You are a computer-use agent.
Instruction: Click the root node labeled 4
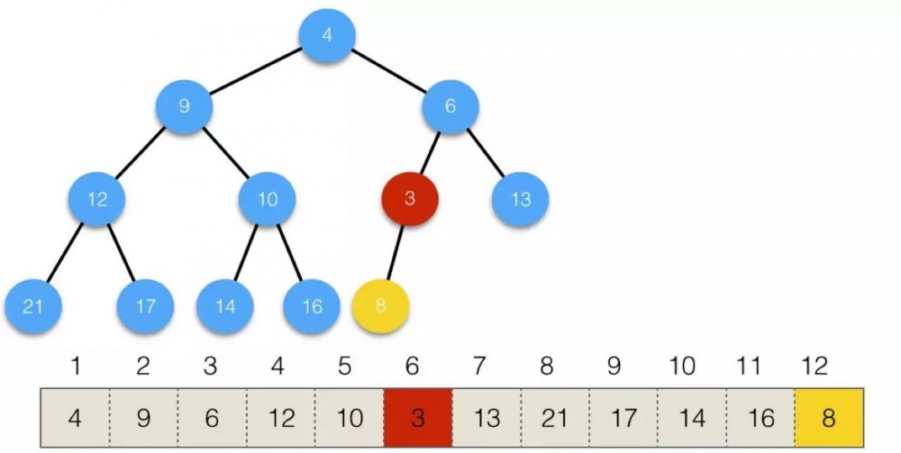pyautogui.click(x=327, y=36)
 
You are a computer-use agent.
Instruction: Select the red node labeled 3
pyautogui.click(x=410, y=199)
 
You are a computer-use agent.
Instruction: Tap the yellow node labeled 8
pyautogui.click(x=380, y=306)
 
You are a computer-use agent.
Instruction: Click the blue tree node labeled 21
pyautogui.click(x=33, y=306)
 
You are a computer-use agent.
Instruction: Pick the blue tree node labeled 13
pyautogui.click(x=520, y=199)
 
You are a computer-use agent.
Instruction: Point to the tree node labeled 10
pyautogui.click(x=268, y=199)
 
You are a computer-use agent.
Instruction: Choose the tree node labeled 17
pyautogui.click(x=145, y=306)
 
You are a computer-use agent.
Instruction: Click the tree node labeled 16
pyautogui.click(x=312, y=306)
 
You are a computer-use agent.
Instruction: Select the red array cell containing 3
pyautogui.click(x=418, y=417)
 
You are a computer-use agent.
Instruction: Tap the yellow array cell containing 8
pyautogui.click(x=829, y=417)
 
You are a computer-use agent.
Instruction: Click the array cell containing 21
pyautogui.click(x=555, y=417)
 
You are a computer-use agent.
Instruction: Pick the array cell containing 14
pyautogui.click(x=692, y=417)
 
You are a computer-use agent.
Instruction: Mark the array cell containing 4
pyautogui.click(x=75, y=417)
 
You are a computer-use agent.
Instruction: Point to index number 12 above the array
pyautogui.click(x=815, y=366)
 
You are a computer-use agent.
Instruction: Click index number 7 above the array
pyautogui.click(x=479, y=366)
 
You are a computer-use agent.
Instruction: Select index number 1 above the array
pyautogui.click(x=76, y=366)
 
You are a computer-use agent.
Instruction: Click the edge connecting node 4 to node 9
pyautogui.click(x=256, y=70)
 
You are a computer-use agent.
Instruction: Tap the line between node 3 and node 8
pyautogui.click(x=396, y=253)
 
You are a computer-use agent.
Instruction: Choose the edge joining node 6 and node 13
pyautogui.click(x=486, y=153)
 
